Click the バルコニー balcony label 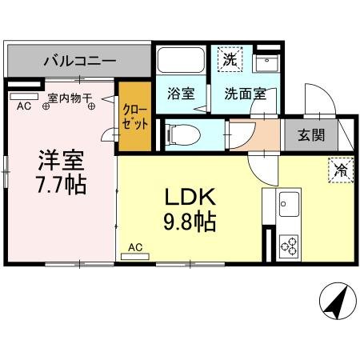(79, 60)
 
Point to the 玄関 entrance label (311, 134)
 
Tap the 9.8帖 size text (190, 222)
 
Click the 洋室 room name (60, 158)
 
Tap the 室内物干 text (71, 97)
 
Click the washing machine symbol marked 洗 (229, 59)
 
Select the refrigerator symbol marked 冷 (340, 169)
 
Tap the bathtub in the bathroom (180, 61)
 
